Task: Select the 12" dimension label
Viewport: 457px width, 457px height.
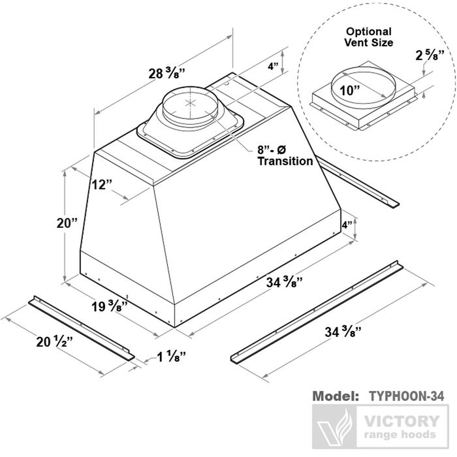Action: pos(99,184)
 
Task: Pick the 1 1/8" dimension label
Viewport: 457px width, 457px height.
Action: pos(172,356)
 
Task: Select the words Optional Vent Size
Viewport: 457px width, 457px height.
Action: pos(369,37)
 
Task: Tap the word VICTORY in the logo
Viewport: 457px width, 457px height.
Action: pos(400,421)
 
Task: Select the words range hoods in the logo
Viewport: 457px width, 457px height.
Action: pos(400,435)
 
